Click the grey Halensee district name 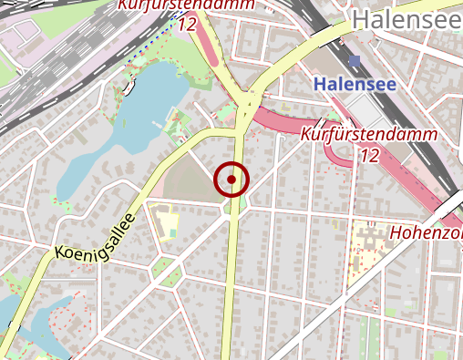point(406,18)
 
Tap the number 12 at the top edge point(189,25)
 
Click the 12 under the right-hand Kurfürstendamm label point(369,156)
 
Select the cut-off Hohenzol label point(426,233)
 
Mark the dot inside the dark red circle point(232,180)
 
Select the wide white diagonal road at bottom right point(401,301)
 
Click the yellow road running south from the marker point(231,292)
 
